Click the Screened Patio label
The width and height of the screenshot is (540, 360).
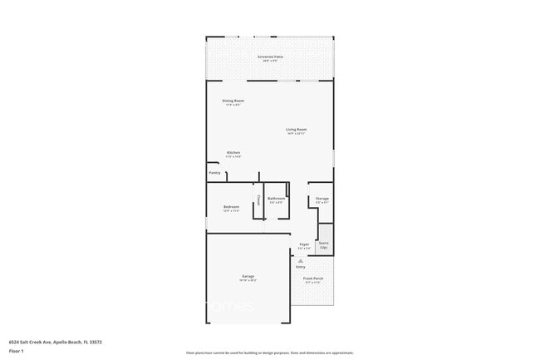coord(270,57)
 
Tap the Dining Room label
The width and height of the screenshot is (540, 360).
coord(233,101)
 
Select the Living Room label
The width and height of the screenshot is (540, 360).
coord(297,129)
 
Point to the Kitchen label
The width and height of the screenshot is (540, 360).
coord(233,152)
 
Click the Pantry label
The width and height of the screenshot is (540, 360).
coord(214,173)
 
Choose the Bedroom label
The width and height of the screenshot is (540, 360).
coord(231,206)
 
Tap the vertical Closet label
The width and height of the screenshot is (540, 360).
coord(258,200)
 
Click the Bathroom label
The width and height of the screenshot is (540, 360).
coord(276,199)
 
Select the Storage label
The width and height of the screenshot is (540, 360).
coord(322,199)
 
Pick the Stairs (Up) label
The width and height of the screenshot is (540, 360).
coord(324,245)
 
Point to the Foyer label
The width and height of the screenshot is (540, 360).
coord(305,244)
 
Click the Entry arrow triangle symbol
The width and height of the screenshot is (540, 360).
coord(301,260)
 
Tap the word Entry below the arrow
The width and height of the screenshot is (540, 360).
coord(301,267)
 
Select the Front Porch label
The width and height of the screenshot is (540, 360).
coord(313,279)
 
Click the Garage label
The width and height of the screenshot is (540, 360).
coord(248,276)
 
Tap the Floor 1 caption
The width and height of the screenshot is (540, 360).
coord(17,350)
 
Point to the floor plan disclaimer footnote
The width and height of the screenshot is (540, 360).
coord(270,353)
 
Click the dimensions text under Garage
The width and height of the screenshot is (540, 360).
coord(248,281)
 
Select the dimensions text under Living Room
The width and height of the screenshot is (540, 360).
coord(297,134)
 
